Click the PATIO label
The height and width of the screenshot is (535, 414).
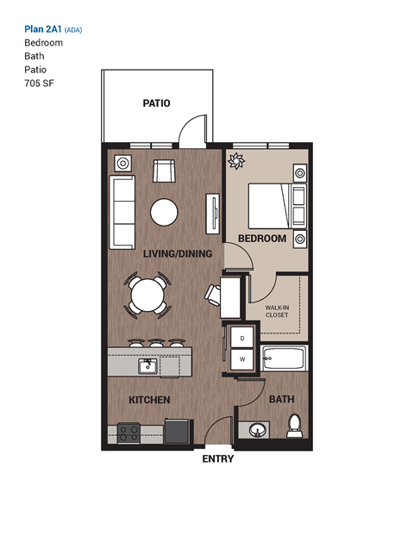(156, 103)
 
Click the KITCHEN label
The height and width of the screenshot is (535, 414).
(148, 401)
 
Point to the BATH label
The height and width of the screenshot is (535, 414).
(281, 400)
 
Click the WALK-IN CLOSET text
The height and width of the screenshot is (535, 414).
(277, 311)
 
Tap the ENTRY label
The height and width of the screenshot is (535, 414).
(217, 459)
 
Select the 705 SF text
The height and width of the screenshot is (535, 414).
(38, 84)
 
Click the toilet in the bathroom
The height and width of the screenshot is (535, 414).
(295, 424)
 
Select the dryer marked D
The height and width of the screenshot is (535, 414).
(242, 338)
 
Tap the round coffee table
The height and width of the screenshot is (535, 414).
(164, 211)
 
